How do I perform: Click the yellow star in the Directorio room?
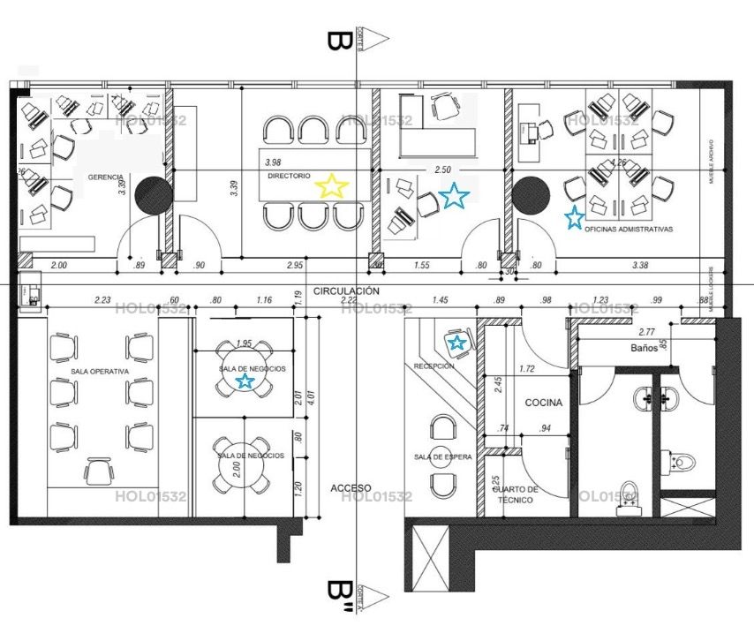point(332,185)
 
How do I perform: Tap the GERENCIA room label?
point(105,177)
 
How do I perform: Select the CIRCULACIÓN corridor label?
point(346,290)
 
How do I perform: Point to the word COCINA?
point(544,402)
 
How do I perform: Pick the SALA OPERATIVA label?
point(100,373)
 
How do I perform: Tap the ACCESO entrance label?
point(351,488)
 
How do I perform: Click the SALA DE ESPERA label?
point(442,457)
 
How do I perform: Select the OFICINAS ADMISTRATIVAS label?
point(629,229)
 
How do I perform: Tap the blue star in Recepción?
point(456,342)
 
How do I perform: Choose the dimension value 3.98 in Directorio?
point(273,162)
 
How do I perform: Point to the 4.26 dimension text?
point(618,162)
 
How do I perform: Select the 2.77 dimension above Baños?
point(645,332)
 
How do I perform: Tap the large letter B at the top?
point(336,41)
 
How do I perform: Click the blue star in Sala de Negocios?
point(245,381)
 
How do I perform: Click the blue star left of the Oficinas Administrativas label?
point(574,215)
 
